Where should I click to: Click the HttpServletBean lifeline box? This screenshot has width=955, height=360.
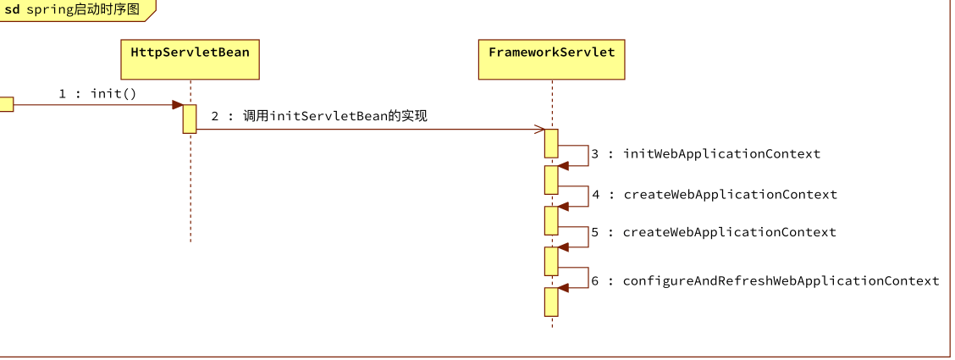click(x=190, y=59)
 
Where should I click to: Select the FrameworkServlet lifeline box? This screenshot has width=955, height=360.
click(x=552, y=59)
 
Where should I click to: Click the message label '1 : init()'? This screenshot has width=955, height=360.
click(x=97, y=94)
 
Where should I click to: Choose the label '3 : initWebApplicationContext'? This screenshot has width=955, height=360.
click(x=706, y=154)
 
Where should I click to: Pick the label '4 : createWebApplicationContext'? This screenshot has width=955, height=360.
click(x=714, y=195)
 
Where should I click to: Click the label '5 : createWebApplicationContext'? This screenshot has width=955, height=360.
click(x=714, y=233)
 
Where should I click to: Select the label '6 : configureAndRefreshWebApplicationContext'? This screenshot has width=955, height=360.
click(x=765, y=281)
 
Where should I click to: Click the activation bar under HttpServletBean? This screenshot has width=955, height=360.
click(x=190, y=119)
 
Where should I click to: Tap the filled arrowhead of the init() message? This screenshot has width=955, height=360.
click(x=178, y=105)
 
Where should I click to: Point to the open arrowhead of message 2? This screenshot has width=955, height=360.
click(x=539, y=129)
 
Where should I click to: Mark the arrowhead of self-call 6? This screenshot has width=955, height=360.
click(x=563, y=287)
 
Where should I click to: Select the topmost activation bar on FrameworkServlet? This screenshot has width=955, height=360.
click(x=551, y=143)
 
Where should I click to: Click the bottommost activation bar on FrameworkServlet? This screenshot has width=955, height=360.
click(x=551, y=302)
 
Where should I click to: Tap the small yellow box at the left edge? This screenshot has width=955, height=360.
click(x=6, y=105)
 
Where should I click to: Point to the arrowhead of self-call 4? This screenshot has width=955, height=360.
click(x=563, y=207)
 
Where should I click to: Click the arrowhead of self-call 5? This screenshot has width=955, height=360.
click(x=563, y=247)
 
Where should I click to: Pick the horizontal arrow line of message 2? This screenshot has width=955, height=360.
click(x=370, y=129)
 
